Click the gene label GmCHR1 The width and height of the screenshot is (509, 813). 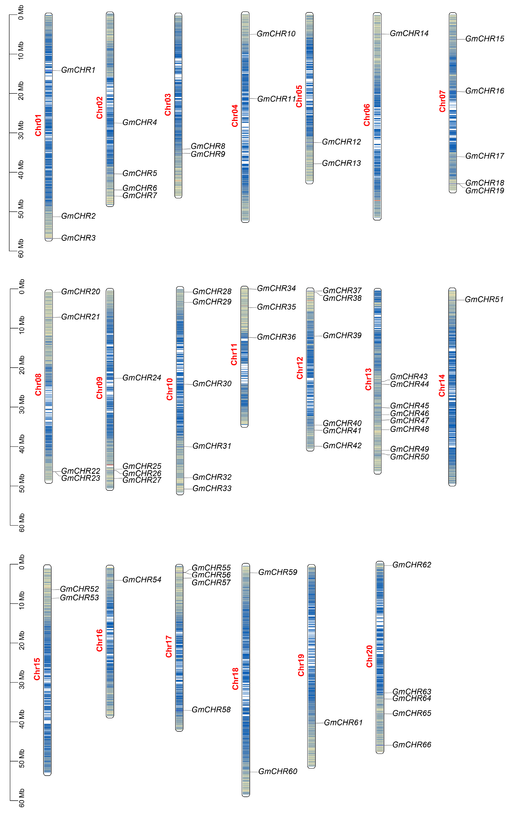pos(78,70)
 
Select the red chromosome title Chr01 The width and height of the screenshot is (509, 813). pos(38,125)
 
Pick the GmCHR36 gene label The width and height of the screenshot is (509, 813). pos(276,337)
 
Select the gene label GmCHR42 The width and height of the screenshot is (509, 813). pos(342,445)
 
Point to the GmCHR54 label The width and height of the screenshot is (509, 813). pos(142,580)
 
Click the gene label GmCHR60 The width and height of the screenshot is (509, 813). pos(278,771)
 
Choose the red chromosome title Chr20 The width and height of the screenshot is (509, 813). pos(369,656)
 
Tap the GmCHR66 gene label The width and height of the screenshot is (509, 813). pos(412,745)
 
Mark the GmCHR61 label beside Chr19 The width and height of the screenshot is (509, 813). pos(343,723)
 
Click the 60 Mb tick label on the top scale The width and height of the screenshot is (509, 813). pos(21,248)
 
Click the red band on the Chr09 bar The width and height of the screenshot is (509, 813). pos(110,465)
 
